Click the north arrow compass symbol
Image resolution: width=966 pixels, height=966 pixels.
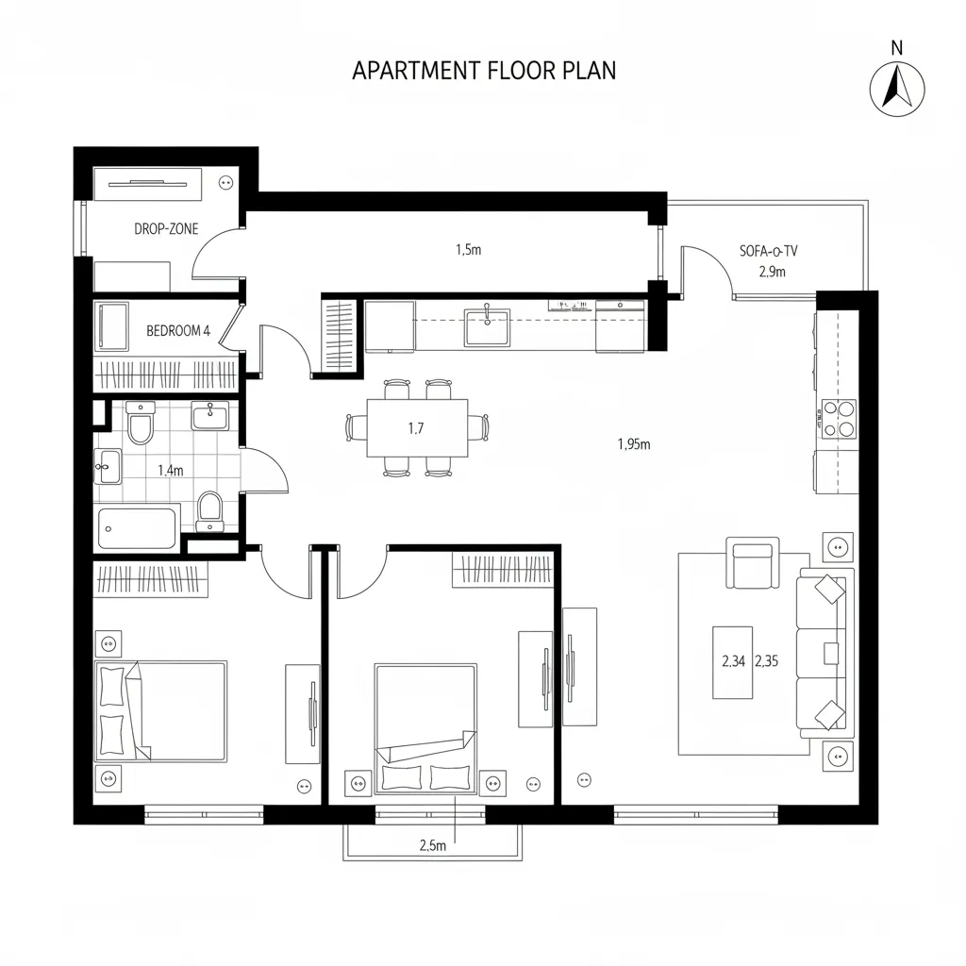coord(896,90)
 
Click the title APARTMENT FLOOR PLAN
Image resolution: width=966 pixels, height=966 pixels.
coord(483,71)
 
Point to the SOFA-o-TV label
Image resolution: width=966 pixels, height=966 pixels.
coord(770,252)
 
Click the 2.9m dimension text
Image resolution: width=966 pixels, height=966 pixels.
coord(772,272)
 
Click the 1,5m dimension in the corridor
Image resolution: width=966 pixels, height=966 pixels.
coord(468,250)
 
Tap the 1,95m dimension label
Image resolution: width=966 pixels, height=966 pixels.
coord(634,445)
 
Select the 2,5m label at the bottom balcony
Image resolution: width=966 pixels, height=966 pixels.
coord(431,845)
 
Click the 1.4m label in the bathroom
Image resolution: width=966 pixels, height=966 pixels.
coord(170,471)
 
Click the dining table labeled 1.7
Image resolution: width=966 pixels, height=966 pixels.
coord(417,428)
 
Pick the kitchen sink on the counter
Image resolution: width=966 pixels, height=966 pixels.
coord(486,326)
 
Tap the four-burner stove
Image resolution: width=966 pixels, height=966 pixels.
coord(839,419)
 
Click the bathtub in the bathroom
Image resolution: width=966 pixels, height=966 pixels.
coord(139,528)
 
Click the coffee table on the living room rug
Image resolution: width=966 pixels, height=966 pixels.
coord(732,662)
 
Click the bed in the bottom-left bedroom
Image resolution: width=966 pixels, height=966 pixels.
coord(161,709)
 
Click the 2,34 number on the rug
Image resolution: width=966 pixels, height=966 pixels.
coord(733,661)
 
